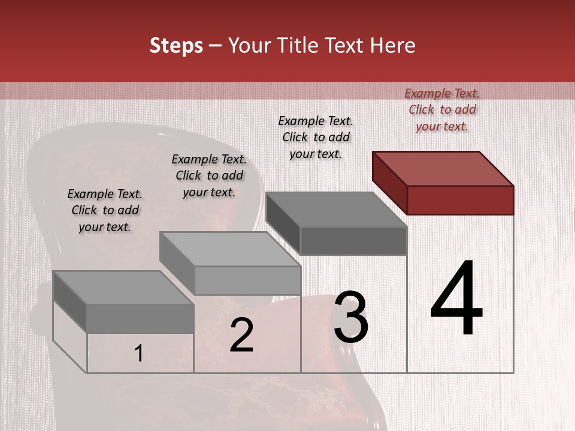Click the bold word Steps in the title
tap(176, 45)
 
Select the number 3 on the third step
tap(351, 317)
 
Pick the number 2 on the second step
tap(241, 335)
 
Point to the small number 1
tap(138, 354)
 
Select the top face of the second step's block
tap(230, 249)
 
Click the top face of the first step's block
tap(123, 288)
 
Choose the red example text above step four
tap(442, 110)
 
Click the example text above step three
tap(316, 137)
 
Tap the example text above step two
tap(209, 175)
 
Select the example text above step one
tap(105, 210)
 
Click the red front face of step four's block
tap(460, 200)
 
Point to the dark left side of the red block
tap(389, 183)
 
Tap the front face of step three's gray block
tap(353, 241)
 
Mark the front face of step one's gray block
tap(140, 318)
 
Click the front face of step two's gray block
tap(247, 280)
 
